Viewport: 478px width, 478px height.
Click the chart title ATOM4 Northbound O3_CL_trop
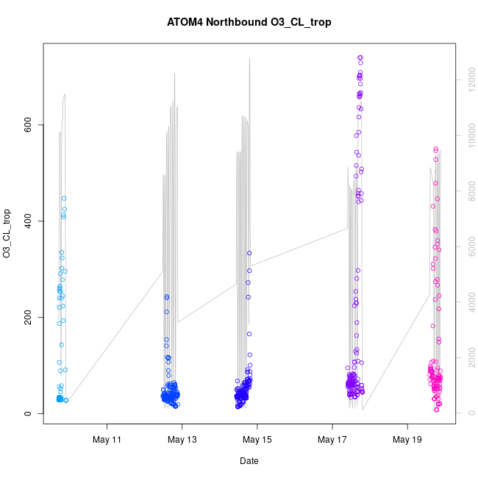tap(249, 22)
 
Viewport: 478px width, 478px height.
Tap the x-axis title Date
tap(249, 461)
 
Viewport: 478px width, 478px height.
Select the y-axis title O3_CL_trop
tap(7, 234)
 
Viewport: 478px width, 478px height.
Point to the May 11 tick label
tap(107, 440)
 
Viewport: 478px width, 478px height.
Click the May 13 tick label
tap(182, 440)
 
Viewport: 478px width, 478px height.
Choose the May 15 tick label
tap(257, 440)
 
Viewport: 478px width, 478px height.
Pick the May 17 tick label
tap(332, 440)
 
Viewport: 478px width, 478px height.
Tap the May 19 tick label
tap(407, 440)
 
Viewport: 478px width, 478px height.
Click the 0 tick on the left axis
tap(26, 413)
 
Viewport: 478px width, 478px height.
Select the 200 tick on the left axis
tap(26, 317)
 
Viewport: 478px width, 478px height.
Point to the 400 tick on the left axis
tap(26, 221)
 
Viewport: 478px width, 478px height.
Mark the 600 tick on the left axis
tap(26, 125)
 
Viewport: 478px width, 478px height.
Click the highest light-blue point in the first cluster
tap(64, 199)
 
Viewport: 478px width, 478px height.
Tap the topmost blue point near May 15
tap(249, 253)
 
